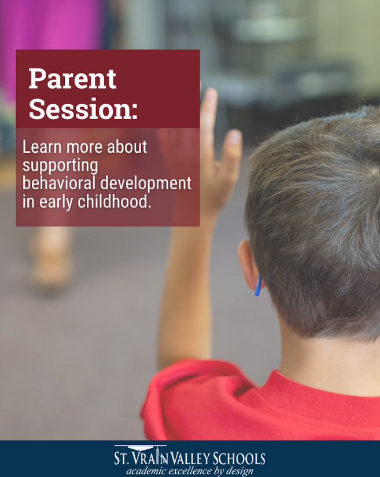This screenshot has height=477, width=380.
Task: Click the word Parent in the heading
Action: click(72, 79)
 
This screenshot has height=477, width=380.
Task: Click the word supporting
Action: click(60, 166)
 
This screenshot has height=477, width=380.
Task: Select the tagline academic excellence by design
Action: click(190, 471)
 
